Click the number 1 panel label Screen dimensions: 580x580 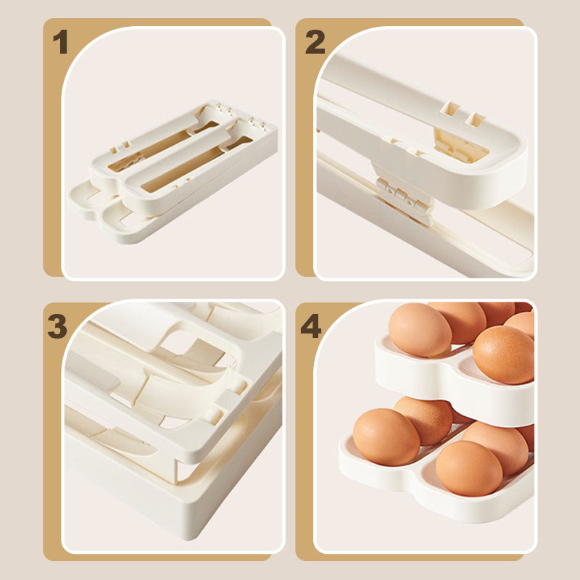click(x=60, y=42)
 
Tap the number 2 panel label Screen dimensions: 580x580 click(x=315, y=42)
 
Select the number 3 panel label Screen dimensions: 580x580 click(x=57, y=326)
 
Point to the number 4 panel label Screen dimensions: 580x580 click(x=311, y=326)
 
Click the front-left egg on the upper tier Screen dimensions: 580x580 click(x=420, y=330)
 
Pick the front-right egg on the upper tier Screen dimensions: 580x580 click(x=504, y=355)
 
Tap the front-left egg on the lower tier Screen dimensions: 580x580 click(x=386, y=437)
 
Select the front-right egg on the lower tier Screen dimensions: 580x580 click(x=469, y=468)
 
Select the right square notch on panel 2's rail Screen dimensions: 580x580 click(x=475, y=119)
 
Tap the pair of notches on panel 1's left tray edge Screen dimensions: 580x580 click(x=121, y=147)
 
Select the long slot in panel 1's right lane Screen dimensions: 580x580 click(x=196, y=165)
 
